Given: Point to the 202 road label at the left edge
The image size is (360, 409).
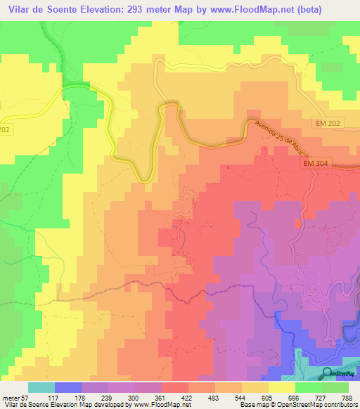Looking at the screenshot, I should click(x=6, y=129).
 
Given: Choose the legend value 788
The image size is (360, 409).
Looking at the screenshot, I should click(x=347, y=397).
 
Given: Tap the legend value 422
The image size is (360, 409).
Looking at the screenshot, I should click(x=187, y=397).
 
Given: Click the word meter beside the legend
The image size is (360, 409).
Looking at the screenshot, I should click(x=11, y=397).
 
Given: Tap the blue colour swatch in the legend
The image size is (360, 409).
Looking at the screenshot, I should click(x=68, y=387).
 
